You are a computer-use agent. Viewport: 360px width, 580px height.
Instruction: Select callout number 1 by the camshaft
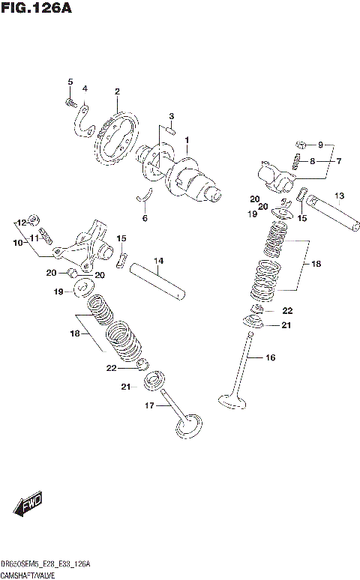tap(187, 139)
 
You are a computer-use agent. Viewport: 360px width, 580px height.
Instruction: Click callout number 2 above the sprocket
tap(117, 92)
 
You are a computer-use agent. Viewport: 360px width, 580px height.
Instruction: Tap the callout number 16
tap(270, 358)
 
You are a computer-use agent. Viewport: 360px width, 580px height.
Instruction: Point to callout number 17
tap(150, 405)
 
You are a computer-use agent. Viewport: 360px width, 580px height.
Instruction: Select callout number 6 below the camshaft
tap(145, 219)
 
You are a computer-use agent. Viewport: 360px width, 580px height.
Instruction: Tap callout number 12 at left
tap(22, 223)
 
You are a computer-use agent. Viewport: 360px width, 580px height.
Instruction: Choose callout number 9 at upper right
tap(321, 145)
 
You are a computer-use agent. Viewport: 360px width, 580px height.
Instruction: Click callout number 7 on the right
tap(338, 161)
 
